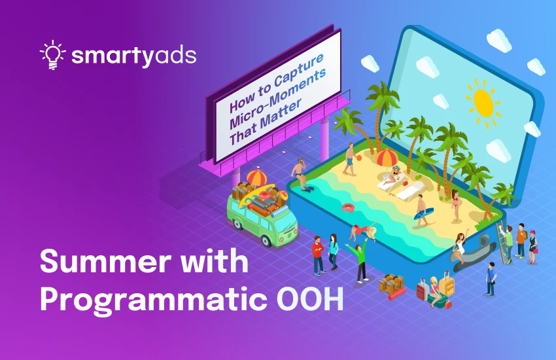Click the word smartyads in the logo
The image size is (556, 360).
click(134, 56)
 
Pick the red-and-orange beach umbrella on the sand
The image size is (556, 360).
click(387, 158)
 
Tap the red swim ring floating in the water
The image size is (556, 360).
click(347, 207)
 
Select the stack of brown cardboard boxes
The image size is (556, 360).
click(391, 283)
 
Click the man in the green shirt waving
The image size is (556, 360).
click(360, 257)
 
